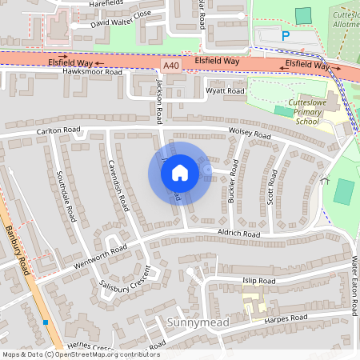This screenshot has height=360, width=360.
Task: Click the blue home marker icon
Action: (180, 172)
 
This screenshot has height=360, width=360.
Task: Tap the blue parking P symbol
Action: (286, 35)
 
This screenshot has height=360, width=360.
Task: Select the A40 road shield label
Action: (170, 66)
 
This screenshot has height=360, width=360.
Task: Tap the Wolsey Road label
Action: (250, 133)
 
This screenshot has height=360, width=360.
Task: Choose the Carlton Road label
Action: (58, 130)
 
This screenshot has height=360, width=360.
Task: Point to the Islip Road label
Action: (258, 282)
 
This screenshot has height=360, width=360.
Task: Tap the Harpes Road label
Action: (286, 318)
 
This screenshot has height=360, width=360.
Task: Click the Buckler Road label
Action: (233, 180)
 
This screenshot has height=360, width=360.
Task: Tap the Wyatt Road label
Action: (225, 92)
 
